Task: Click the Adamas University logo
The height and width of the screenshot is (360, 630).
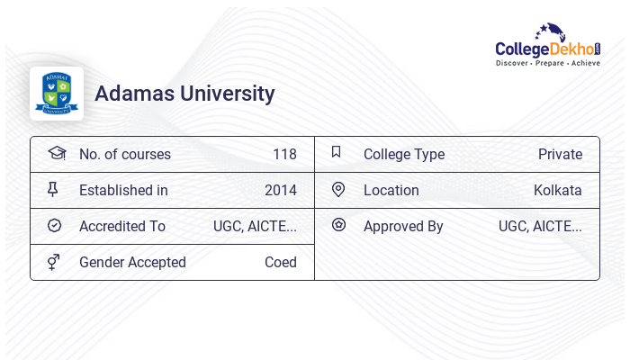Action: coord(57,94)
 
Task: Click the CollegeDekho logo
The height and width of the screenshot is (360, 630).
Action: coord(548,46)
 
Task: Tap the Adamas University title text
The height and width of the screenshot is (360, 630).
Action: coord(184,94)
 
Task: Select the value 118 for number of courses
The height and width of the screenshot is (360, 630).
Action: coord(284,155)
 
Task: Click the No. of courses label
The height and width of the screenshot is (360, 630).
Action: coord(124,155)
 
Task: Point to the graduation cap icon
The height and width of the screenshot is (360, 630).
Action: coord(57,153)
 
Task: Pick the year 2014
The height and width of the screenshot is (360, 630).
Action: coord(280,191)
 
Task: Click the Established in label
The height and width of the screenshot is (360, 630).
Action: coord(123,191)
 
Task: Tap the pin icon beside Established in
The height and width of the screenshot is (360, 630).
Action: coord(53,190)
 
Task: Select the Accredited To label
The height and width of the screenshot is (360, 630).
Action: coord(122,227)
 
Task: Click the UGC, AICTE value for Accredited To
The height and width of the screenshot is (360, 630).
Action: coord(255,227)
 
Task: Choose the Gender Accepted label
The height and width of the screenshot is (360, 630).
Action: coord(132,263)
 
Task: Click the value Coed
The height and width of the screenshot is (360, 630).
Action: coord(280,263)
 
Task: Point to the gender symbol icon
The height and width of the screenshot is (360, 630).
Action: coord(53,262)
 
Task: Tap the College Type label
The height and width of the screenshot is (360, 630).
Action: coord(404,155)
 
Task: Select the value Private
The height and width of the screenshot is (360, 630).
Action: coord(560,155)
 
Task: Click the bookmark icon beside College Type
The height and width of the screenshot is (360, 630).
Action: coord(337,152)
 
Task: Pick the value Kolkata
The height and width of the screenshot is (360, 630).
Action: coord(557,191)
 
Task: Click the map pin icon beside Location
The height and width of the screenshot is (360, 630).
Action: coord(338,190)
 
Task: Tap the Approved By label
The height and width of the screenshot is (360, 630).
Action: coord(403,227)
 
